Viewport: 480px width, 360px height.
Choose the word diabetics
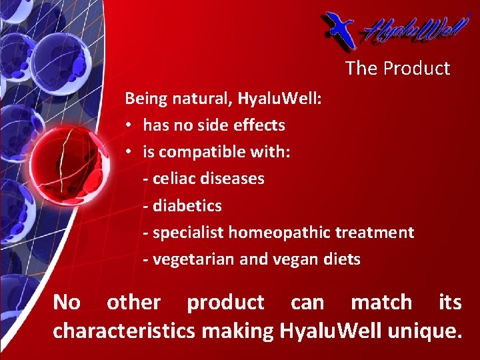click(x=187, y=206)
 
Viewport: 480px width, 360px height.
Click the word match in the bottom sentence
click(x=381, y=302)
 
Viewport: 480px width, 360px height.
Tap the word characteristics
click(x=124, y=329)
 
